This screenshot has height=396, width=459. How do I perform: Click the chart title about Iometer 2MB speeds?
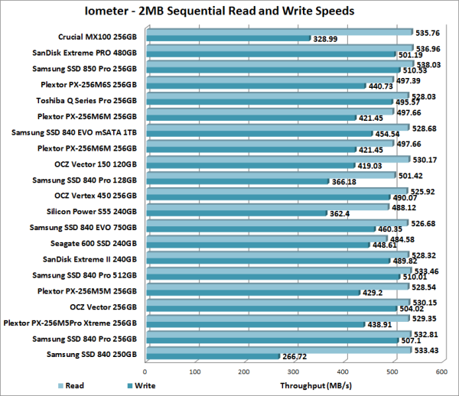(229, 12)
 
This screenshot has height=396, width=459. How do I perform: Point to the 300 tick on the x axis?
(244, 372)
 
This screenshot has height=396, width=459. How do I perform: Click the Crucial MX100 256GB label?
(99, 36)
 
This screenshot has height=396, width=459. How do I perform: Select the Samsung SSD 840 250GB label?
(92, 355)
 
